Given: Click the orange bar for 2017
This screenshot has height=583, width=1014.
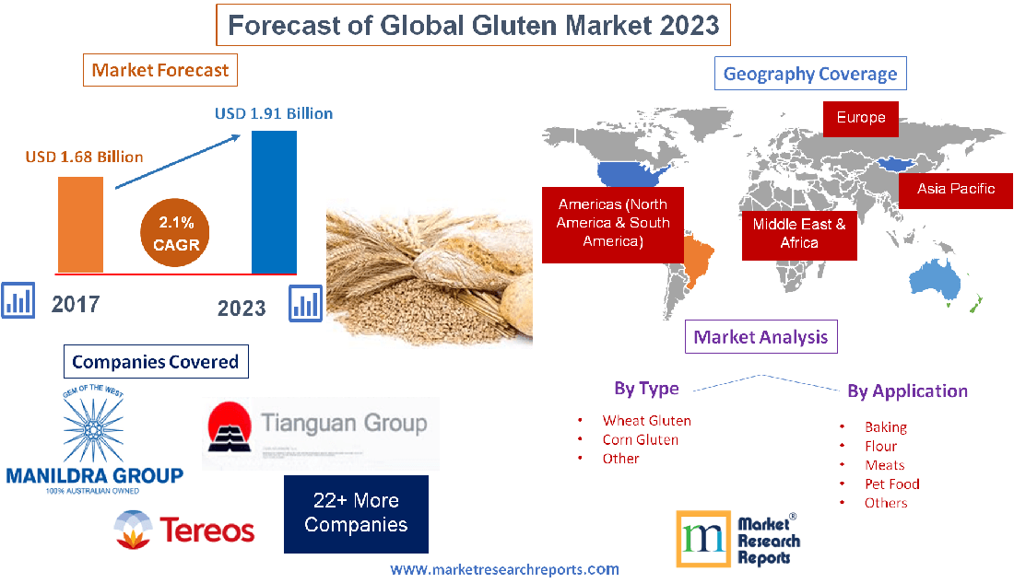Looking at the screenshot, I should tap(80, 224).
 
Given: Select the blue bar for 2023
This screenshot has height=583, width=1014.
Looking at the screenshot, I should tap(274, 202).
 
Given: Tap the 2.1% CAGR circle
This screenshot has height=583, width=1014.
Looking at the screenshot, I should tap(177, 234).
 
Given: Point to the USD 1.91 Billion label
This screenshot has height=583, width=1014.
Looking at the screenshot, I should tap(274, 114).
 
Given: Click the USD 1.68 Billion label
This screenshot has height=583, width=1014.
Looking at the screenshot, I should tap(84, 157).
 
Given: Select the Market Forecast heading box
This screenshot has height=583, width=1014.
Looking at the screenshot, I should tap(160, 70).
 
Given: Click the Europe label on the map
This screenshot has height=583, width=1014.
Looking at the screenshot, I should tap(860, 118).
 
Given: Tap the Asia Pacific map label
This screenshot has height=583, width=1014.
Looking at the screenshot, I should tap(955, 189).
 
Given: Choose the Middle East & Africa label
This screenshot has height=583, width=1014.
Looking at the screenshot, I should tap(798, 233).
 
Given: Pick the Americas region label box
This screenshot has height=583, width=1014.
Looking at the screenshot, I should tap(612, 223).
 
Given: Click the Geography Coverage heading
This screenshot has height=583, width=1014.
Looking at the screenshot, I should tap(810, 74).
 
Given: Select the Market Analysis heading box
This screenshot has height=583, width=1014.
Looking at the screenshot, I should tap(760, 337).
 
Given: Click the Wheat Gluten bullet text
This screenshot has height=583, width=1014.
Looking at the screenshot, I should tap(646, 420).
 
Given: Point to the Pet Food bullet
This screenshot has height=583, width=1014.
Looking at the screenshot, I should tap(891, 484).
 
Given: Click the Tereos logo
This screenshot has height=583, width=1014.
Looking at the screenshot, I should tap(184, 530).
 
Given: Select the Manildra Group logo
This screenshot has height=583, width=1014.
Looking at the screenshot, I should tap(94, 442).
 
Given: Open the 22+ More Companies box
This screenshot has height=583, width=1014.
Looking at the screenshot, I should tap(356, 513).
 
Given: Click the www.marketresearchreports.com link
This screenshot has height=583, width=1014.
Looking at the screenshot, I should tap(504, 569).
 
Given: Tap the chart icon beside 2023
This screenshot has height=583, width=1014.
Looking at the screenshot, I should tap(306, 302).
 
